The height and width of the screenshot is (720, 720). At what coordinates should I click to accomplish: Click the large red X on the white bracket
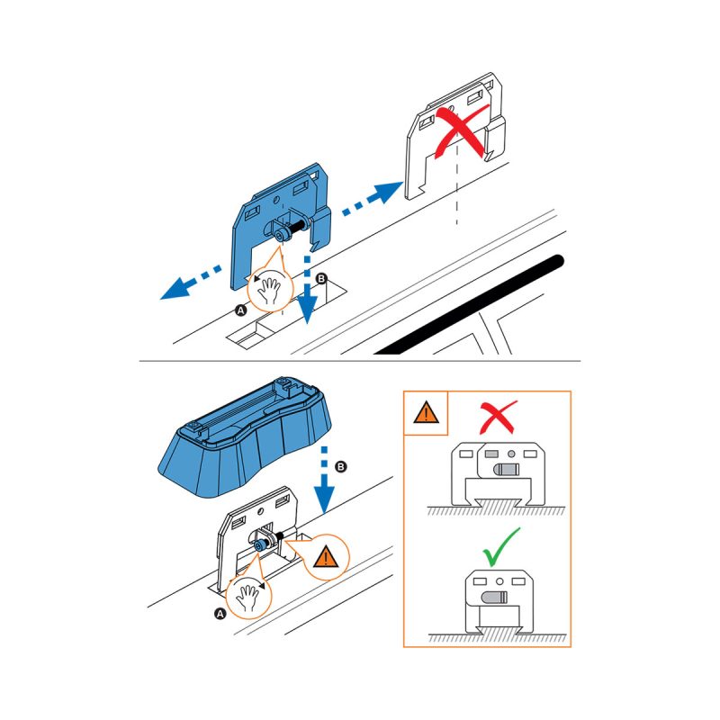click(461, 131)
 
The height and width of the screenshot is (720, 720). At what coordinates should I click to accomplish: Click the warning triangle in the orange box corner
click(426, 412)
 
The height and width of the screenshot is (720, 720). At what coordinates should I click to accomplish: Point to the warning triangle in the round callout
click(326, 556)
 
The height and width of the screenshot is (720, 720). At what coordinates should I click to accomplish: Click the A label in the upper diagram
click(241, 310)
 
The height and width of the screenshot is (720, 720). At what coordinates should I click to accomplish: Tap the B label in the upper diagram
click(321, 279)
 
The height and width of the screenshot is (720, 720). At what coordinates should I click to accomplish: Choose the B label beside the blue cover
click(341, 467)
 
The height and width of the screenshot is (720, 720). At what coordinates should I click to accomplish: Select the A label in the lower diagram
click(220, 614)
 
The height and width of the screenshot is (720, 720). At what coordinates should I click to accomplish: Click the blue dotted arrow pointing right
click(372, 198)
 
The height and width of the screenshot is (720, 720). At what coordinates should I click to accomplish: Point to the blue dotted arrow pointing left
click(191, 283)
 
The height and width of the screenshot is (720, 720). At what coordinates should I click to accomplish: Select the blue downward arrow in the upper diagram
click(307, 289)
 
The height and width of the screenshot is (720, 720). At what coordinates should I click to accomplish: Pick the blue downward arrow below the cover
click(324, 480)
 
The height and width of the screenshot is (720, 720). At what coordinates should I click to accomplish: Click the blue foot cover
click(244, 437)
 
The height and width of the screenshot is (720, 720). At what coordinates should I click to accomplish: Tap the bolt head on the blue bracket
click(280, 235)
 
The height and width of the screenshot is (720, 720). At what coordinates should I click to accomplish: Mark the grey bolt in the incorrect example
click(506, 470)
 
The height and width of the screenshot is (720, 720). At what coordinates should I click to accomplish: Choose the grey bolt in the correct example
click(494, 598)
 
